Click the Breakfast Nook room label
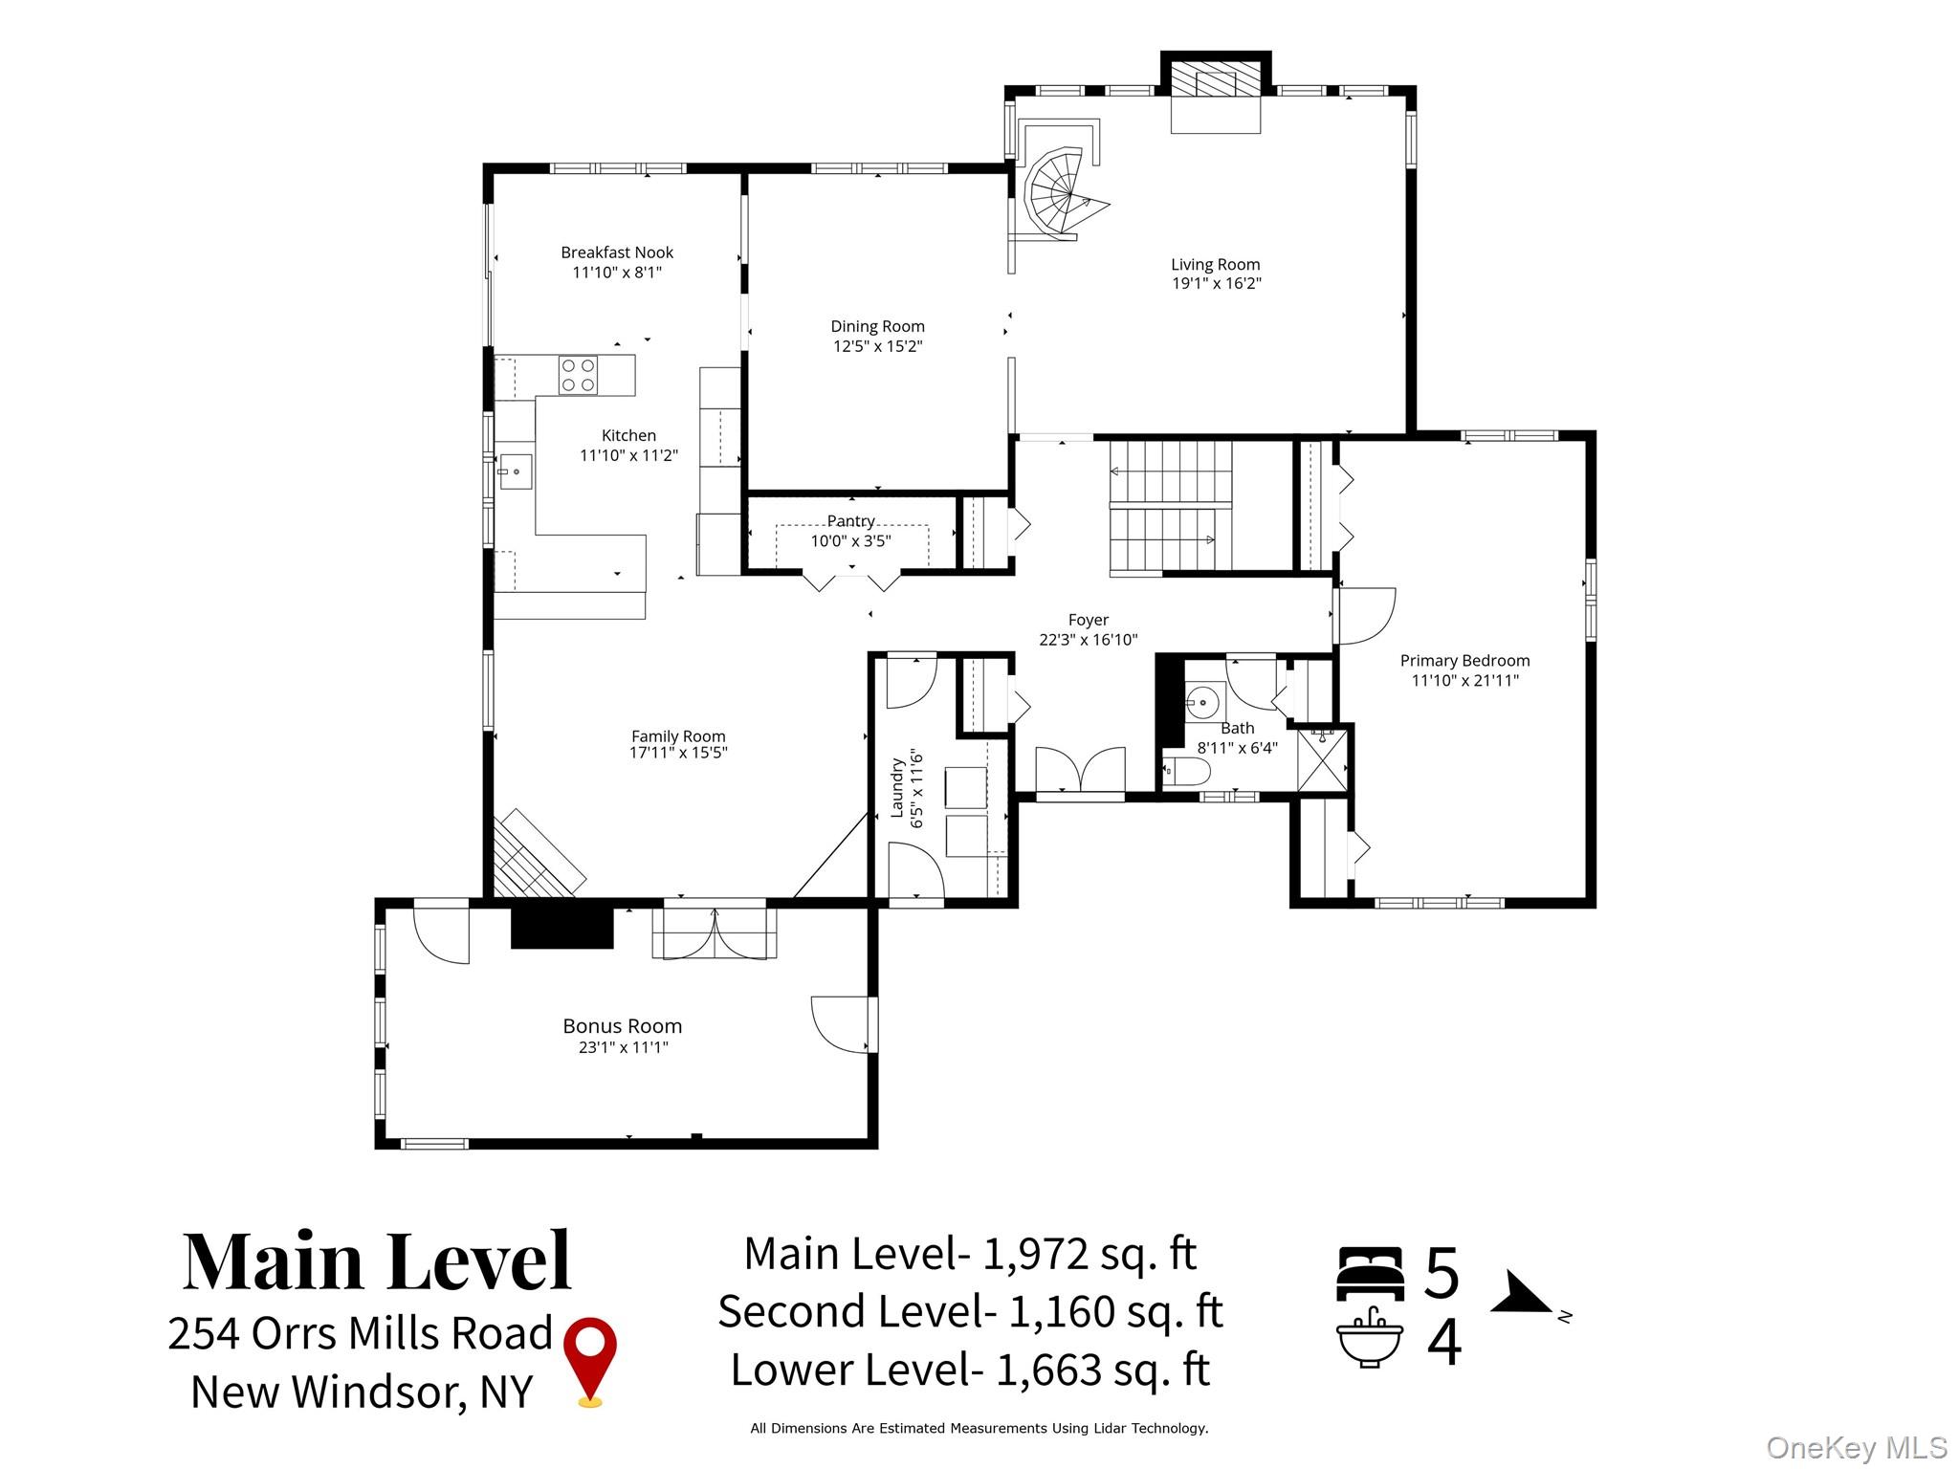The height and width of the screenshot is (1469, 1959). [617, 252]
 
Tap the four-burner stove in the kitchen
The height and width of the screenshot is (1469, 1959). [578, 375]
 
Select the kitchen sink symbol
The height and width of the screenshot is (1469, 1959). [515, 471]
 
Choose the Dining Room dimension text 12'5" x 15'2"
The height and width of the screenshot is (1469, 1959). [877, 346]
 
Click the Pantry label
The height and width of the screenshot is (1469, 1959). [850, 521]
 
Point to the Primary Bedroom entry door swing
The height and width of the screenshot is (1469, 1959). [1366, 615]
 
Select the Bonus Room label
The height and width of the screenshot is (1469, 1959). [622, 1026]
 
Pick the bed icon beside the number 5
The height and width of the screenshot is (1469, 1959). [1369, 1273]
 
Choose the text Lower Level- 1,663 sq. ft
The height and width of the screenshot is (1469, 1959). [970, 1370]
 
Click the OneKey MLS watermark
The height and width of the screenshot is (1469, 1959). [1856, 1447]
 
